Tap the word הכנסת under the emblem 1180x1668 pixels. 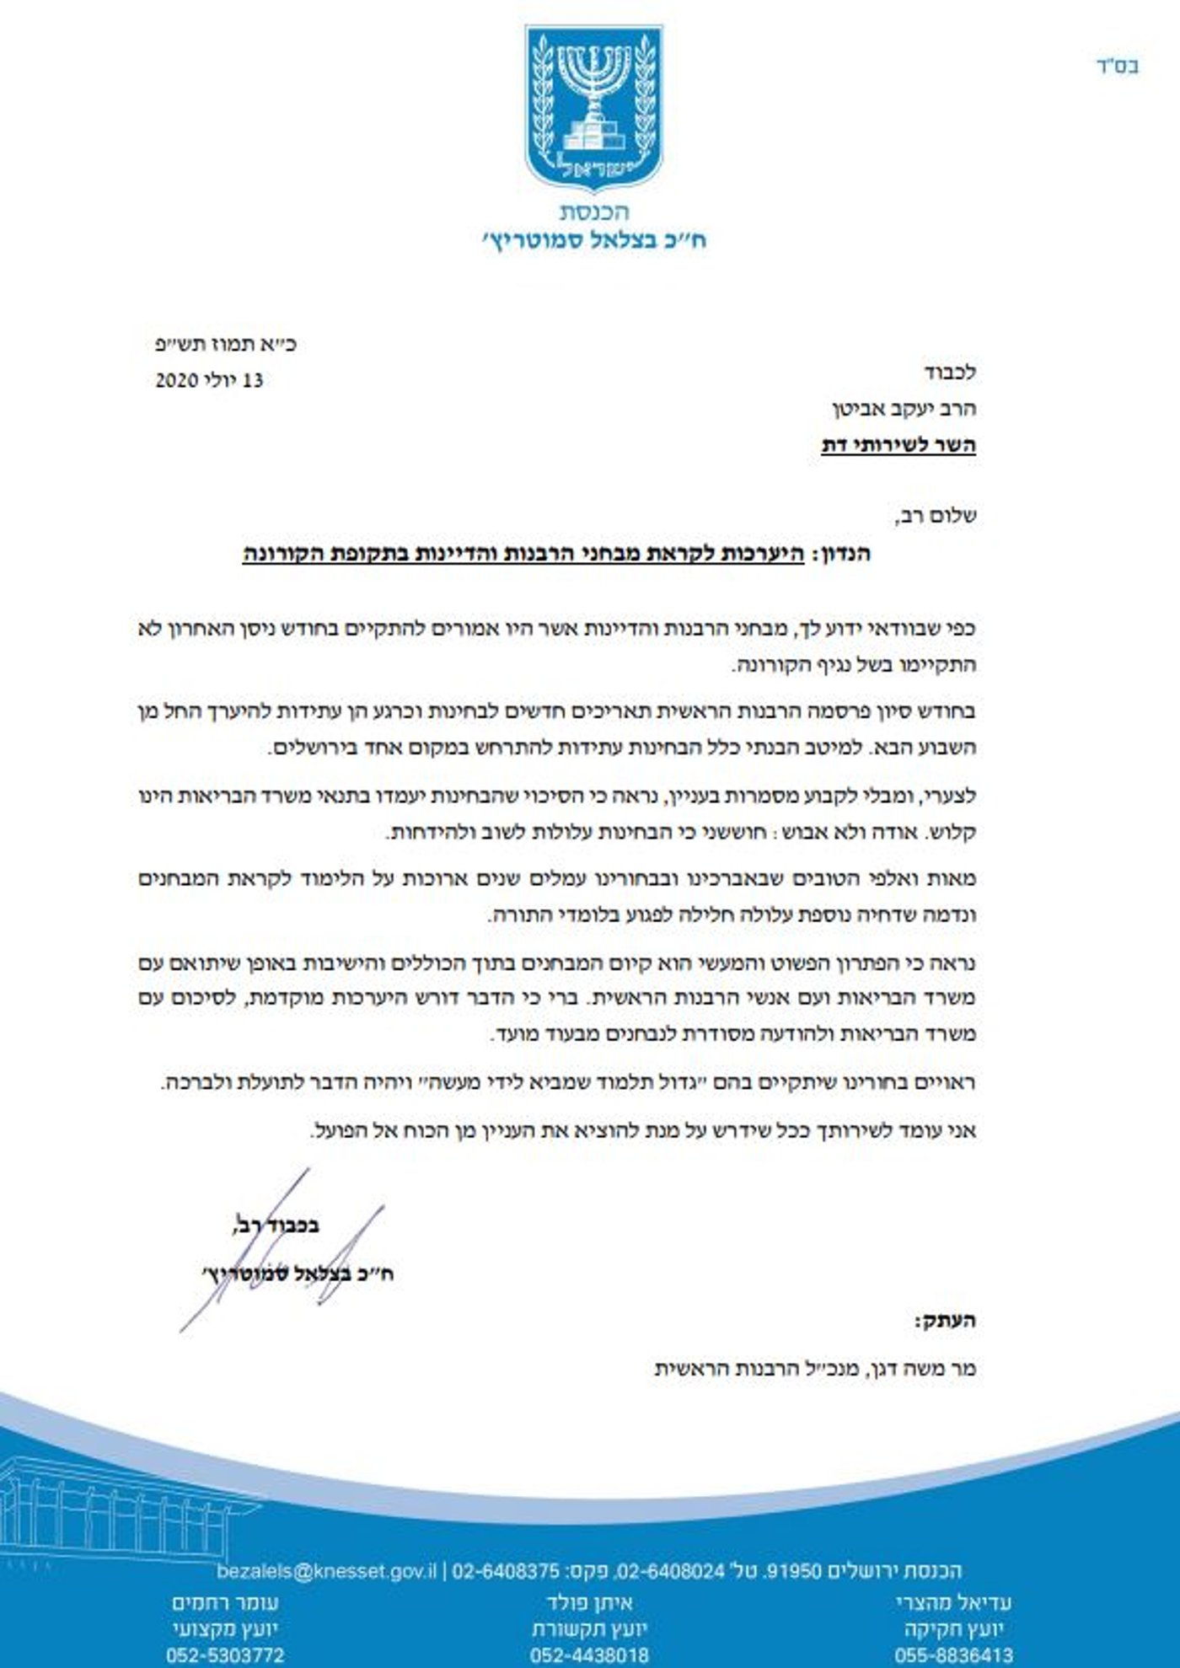[x=594, y=212]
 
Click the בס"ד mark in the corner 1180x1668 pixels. [x=1118, y=67]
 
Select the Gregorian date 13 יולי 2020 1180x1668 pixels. [x=209, y=380]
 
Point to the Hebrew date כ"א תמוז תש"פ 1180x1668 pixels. [x=226, y=344]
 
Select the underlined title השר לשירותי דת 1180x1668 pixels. [x=898, y=445]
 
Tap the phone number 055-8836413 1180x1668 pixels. [x=953, y=1655]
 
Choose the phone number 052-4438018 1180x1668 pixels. [x=589, y=1655]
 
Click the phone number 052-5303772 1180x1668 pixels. [x=225, y=1655]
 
